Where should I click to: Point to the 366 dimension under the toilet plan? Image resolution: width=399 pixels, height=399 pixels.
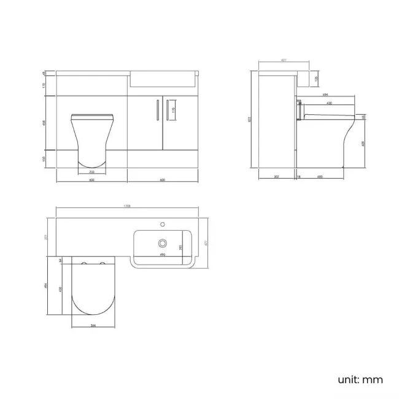click(93, 325)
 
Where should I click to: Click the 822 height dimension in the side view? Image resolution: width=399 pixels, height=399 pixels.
click(249, 120)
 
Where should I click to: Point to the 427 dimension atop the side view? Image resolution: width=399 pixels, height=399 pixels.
click(284, 60)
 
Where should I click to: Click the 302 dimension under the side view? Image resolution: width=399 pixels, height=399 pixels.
click(276, 177)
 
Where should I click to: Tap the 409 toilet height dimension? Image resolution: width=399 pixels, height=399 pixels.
click(363, 143)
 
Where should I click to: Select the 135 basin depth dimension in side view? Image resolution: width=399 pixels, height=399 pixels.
click(317, 79)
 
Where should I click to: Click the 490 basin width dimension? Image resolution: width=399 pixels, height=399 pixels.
click(163, 254)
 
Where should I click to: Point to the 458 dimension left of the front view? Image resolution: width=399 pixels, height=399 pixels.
click(44, 122)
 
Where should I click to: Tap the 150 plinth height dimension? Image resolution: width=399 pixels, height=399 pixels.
click(44, 158)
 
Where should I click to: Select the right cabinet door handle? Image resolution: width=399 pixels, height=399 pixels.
click(166, 110)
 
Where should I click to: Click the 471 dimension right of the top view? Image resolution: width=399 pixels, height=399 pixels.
click(207, 243)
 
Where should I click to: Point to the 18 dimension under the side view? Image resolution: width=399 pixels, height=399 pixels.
click(298, 177)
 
